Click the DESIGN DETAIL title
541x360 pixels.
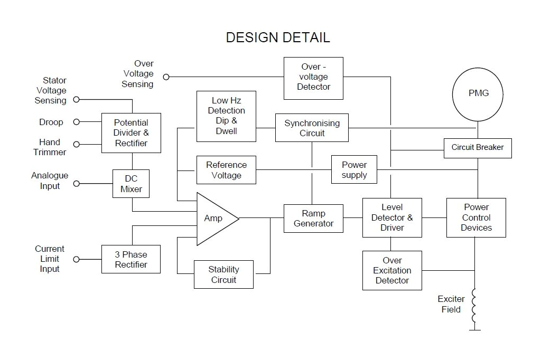pos(278,37)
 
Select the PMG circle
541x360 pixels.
pos(479,93)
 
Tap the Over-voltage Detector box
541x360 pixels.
pos(313,78)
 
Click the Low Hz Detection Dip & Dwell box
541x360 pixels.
pos(226,116)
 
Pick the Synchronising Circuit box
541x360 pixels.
pos(312,128)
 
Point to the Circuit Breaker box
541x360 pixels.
pos(478,148)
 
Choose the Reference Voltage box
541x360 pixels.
pos(226,170)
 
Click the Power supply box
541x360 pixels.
pos(354,169)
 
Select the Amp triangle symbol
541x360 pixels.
pos(214,219)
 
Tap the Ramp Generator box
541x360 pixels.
pos(313,219)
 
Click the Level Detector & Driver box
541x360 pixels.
pos(392,217)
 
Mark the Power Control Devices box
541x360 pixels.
pos(476,217)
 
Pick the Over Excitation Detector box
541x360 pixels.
pos(392,270)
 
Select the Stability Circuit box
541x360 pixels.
pos(223,274)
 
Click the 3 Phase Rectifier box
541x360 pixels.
pos(130,259)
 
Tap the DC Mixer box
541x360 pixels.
pos(131,184)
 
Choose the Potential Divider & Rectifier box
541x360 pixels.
pos(131,133)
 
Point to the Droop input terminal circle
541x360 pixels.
pos(76,122)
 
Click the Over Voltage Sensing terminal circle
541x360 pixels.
pos(166,77)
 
